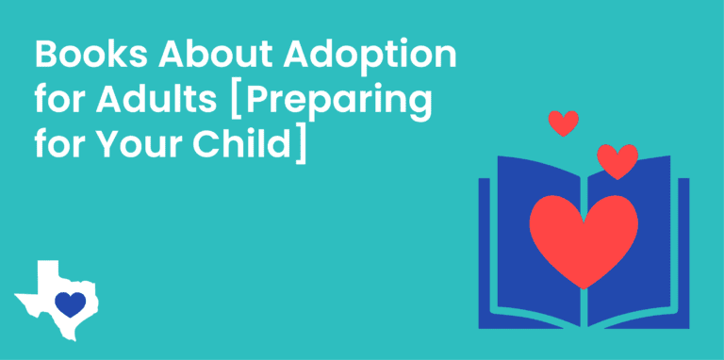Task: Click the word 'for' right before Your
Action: coord(56,146)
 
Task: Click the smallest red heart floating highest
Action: coord(563,123)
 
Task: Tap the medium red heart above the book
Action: coord(617,160)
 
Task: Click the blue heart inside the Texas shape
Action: coord(69,303)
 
